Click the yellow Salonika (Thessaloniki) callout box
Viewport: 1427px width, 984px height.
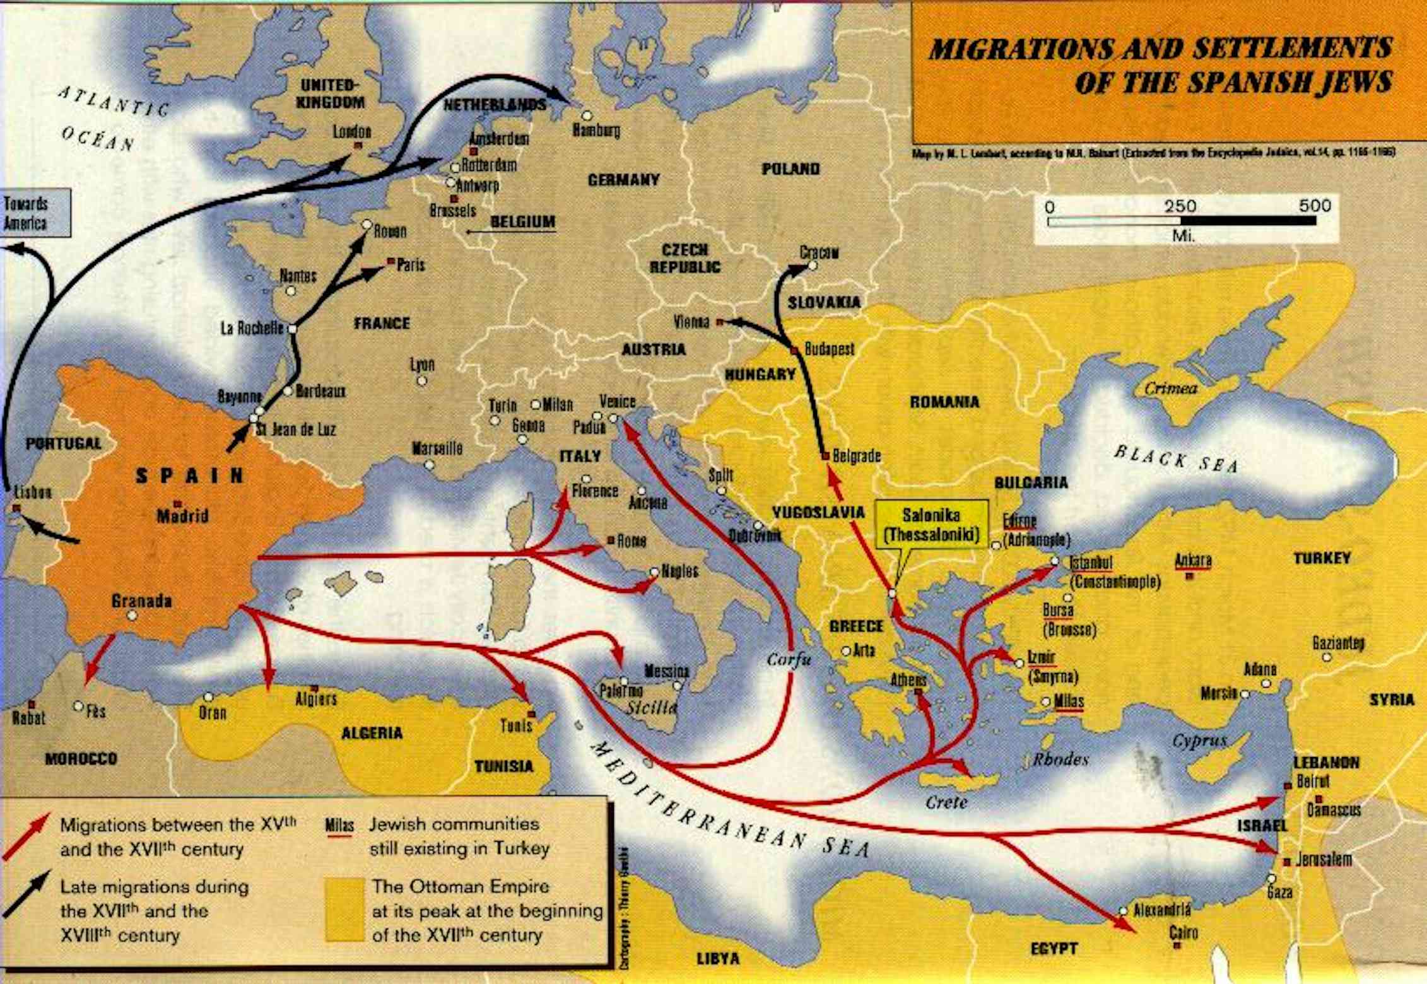(931, 525)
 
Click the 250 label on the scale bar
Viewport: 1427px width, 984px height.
(1180, 206)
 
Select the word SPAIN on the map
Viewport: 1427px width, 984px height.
(190, 476)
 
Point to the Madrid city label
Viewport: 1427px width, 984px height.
(182, 516)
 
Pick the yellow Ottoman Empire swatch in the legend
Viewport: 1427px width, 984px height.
(344, 910)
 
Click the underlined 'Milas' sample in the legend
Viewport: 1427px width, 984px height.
(339, 826)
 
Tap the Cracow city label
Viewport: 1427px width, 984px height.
(819, 252)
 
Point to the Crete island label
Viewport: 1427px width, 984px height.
(946, 802)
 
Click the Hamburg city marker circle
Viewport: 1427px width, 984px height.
(587, 115)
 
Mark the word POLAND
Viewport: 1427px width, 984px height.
(790, 169)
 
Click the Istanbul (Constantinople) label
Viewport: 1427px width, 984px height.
(1113, 572)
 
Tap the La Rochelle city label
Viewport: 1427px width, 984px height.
(252, 329)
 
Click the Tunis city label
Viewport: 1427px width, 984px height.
(516, 725)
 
